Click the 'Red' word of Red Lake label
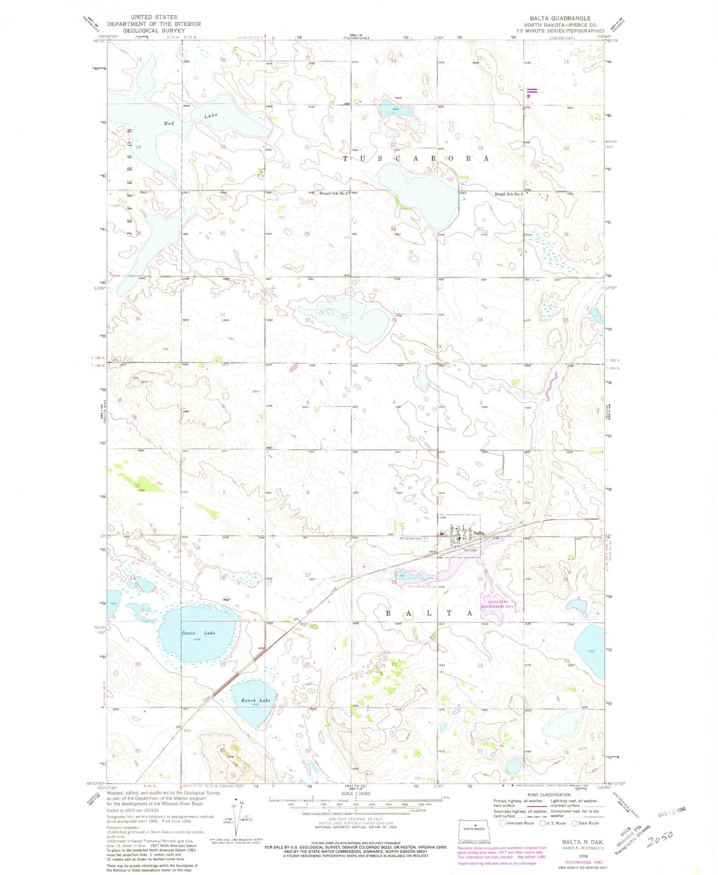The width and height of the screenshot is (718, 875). point(169,123)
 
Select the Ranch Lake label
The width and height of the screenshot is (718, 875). point(255,700)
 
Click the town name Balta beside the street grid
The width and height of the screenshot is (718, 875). point(479,533)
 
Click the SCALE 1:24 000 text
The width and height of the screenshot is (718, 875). point(355,794)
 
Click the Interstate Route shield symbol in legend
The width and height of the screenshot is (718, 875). point(503,823)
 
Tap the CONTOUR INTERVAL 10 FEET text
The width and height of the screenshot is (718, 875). point(355,818)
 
